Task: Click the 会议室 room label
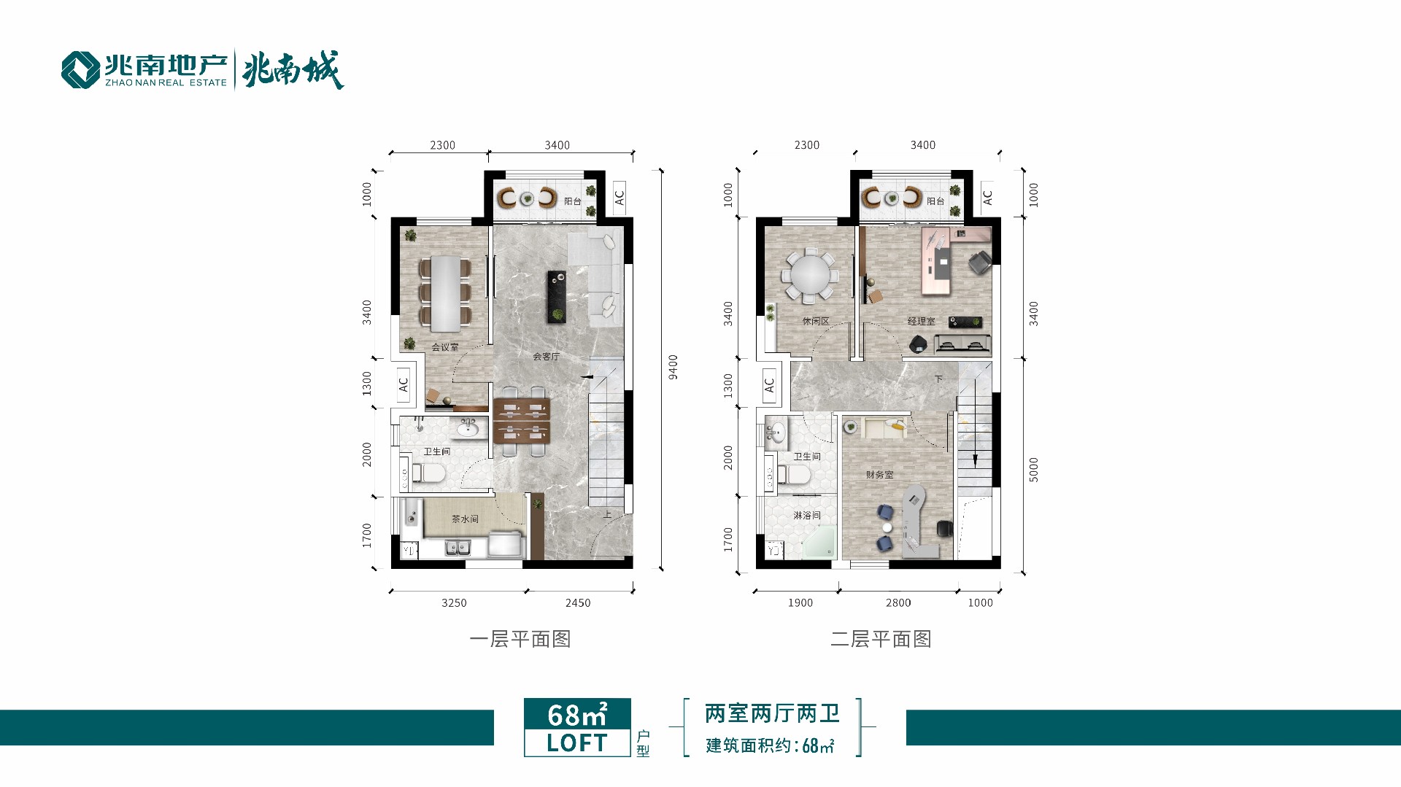coord(445,347)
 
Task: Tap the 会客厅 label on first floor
coord(546,357)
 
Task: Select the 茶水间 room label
coord(465,519)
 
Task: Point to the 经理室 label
coord(921,321)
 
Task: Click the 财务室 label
coord(879,475)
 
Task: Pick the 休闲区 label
coord(816,321)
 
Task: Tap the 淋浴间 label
coord(807,515)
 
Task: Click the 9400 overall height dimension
coord(674,367)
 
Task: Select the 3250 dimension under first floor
coord(454,602)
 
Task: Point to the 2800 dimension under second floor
coord(898,602)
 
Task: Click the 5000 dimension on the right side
coord(1033,470)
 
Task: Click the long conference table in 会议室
coord(445,293)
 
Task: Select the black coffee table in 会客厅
coord(557,297)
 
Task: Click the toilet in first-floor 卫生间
coord(429,474)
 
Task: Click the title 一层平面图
coord(520,639)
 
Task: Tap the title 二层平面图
coord(881,639)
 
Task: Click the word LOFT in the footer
coord(577,743)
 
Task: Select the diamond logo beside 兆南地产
coord(80,70)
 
